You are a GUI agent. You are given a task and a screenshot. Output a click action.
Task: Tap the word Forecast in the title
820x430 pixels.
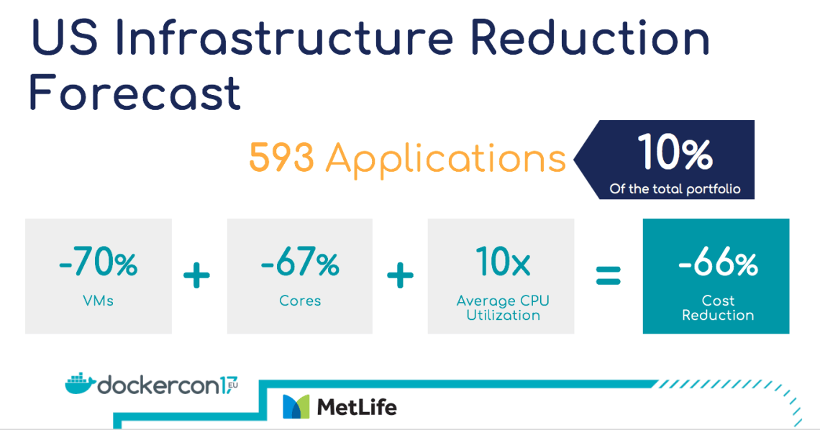pos(135,93)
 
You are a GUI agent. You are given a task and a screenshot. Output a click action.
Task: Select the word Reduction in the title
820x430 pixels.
pos(590,37)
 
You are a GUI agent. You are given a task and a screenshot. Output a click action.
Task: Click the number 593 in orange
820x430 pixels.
pos(281,157)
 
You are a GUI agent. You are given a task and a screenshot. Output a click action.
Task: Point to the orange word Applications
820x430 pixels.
pos(445,159)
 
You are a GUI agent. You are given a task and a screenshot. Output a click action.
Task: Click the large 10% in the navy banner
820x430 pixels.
pos(675,152)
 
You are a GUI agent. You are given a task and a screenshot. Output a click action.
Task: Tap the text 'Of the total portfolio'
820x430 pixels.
pos(675,188)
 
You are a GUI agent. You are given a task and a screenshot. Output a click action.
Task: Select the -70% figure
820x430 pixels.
pos(99,262)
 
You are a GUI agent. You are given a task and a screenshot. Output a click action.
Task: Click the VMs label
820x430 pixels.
pos(99,301)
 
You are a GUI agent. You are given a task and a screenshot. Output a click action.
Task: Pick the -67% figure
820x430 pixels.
pos(300,262)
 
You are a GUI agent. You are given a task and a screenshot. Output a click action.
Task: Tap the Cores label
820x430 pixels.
pos(300,301)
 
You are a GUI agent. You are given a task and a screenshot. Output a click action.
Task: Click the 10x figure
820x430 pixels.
pos(503,262)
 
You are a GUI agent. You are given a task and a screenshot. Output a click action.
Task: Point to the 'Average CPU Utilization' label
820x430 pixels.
pos(503,308)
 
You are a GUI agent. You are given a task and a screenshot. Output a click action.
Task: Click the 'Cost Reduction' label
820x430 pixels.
pos(718,308)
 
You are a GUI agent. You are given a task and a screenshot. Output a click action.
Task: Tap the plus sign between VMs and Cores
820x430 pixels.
pos(196,275)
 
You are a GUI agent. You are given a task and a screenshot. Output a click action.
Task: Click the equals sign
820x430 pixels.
pos(609,275)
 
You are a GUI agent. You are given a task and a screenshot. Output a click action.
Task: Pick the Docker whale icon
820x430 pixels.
pos(80,384)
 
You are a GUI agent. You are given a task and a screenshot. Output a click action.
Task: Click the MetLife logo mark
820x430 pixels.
pos(296,406)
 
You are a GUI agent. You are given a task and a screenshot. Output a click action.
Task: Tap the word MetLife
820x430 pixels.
pos(357,407)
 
